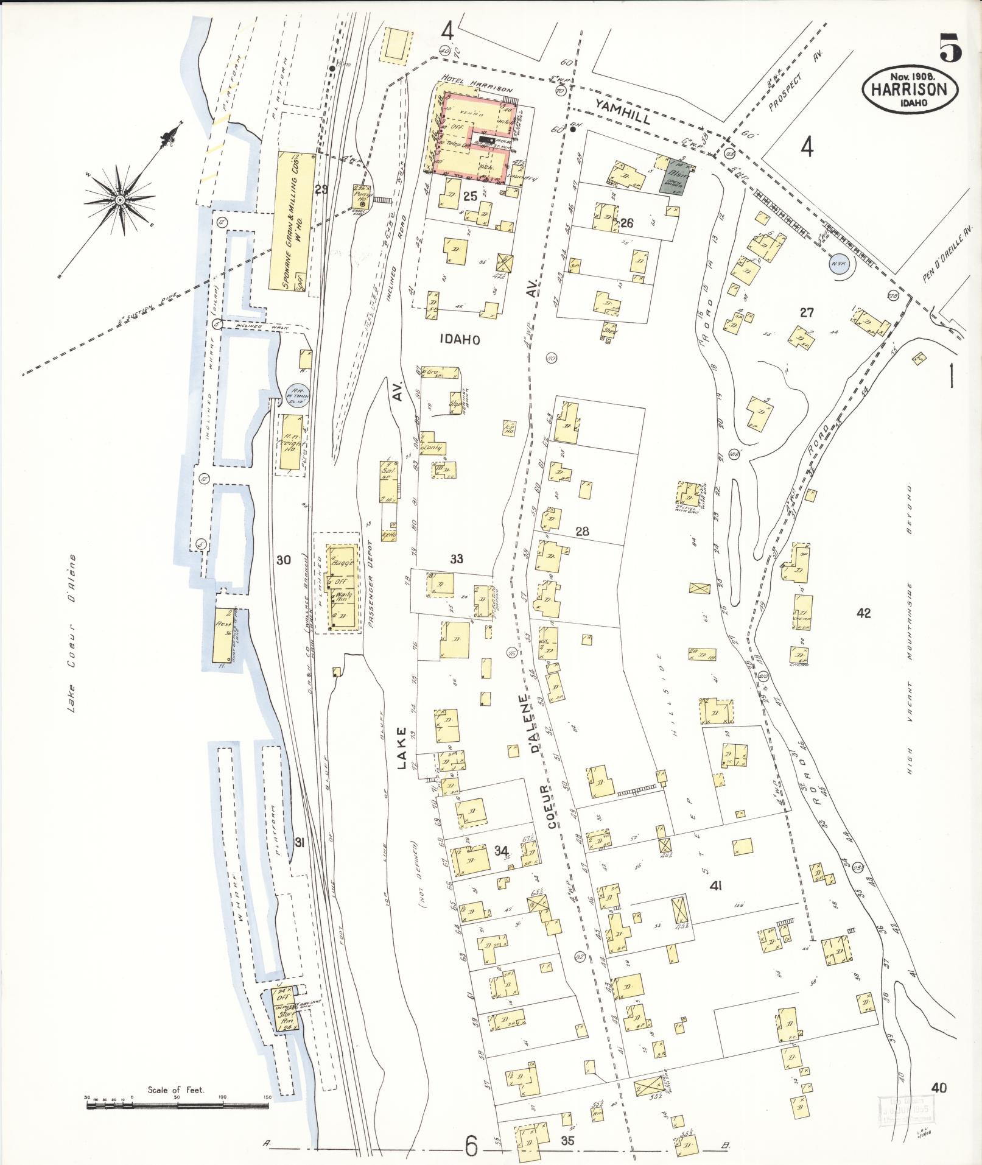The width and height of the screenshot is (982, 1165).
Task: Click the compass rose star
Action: [120, 199]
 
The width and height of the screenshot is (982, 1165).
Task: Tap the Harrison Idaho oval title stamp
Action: [909, 90]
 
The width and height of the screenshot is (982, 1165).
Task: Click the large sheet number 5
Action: [950, 48]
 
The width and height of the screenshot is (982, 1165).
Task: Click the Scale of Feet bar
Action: [177, 1097]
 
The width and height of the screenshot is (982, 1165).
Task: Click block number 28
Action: [582, 531]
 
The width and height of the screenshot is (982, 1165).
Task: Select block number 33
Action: [457, 559]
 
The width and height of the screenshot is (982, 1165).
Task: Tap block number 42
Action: [863, 613]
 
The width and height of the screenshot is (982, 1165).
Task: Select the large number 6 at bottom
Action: [471, 1146]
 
